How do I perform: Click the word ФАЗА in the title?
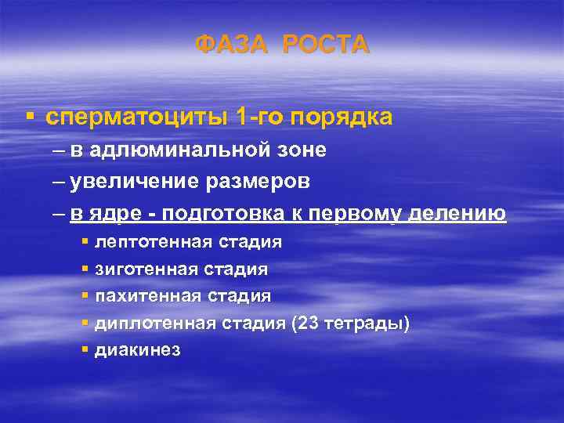[233, 45]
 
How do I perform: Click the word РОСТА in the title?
[325, 45]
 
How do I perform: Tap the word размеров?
[261, 181]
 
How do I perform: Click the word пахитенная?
[143, 296]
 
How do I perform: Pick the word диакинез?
[137, 350]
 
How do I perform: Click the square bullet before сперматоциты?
[30, 117]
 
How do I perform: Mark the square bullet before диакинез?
[85, 349]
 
